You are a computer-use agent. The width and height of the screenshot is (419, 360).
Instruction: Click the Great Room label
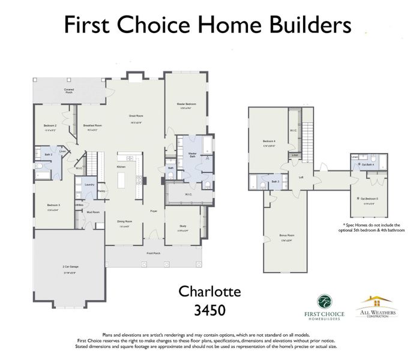coord(135,116)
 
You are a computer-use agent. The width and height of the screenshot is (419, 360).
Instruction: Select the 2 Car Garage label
coord(70,266)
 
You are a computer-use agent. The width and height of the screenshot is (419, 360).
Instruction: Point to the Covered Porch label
coord(69,91)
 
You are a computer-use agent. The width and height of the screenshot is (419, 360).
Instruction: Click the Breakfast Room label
coord(92,125)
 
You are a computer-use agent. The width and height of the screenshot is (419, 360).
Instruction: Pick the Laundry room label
coord(89,184)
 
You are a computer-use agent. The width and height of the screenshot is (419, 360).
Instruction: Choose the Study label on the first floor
coord(182,226)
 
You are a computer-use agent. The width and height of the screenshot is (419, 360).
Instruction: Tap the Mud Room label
coord(92,212)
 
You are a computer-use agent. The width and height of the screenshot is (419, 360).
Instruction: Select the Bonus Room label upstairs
coord(286,235)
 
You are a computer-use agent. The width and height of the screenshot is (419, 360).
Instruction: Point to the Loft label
coord(301,176)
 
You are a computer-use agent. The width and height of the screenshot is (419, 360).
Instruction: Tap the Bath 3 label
coord(275,181)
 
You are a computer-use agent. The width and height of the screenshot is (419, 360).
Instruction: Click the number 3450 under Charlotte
coord(209,311)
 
